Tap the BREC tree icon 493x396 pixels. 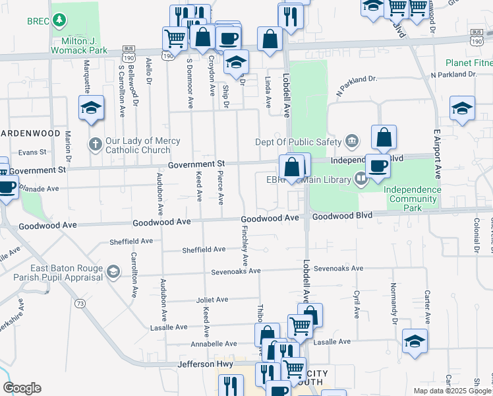point(60,20)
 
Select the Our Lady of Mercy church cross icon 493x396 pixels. point(96,143)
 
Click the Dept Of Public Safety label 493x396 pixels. point(299,141)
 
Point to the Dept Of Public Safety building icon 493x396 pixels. point(352,140)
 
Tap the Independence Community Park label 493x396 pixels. point(413,199)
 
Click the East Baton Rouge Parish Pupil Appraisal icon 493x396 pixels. point(113,271)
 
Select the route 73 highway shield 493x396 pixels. point(80,303)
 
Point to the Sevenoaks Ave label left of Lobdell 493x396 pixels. point(236,271)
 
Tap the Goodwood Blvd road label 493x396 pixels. point(342,216)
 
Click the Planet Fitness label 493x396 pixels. point(469,63)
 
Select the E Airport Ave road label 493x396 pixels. point(436,154)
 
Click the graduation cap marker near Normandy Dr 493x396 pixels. point(415,341)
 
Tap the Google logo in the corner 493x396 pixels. point(22,388)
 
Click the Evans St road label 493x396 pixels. point(32,152)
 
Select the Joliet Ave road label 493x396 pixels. point(212,299)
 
